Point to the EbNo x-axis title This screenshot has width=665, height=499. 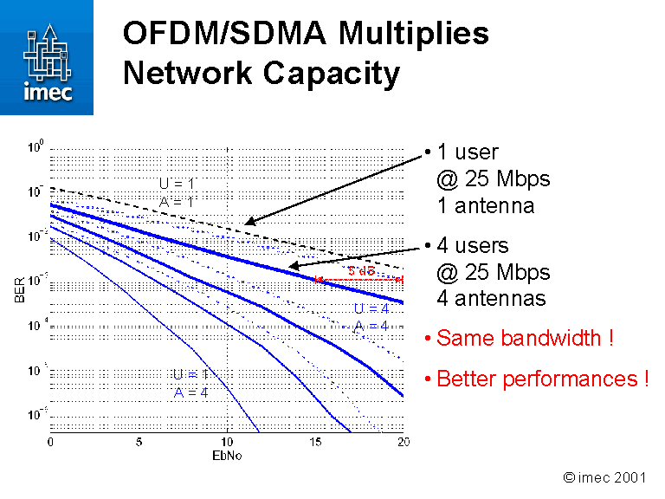point(227,456)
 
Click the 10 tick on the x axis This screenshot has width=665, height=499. point(227,443)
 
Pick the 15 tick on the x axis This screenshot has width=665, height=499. point(315,443)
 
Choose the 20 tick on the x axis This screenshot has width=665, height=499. point(403,443)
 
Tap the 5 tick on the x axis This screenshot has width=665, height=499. point(139,443)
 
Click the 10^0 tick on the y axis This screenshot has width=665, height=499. point(35,147)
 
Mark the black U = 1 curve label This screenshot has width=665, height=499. point(177,184)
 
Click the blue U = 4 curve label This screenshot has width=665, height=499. point(371,308)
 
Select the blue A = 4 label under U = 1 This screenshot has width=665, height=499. point(190,392)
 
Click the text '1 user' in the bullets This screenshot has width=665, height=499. point(468,152)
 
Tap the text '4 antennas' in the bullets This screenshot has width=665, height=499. point(491,298)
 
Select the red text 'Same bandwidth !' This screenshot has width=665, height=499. point(525,338)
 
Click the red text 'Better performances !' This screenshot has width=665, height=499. point(542,379)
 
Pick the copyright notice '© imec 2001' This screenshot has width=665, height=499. point(604,477)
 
